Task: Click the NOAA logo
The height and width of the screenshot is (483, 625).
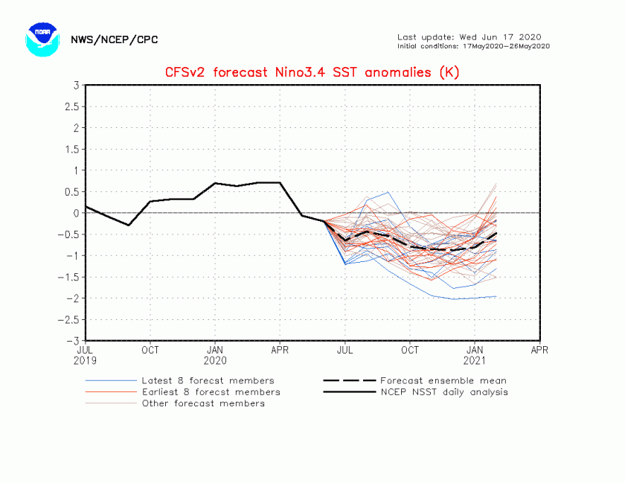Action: pos(42,39)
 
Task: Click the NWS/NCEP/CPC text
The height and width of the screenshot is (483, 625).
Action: pos(114,40)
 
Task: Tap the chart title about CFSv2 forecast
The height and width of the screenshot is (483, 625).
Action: pos(312,72)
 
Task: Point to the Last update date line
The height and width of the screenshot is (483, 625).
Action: pos(469,37)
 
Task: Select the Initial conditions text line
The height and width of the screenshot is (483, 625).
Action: pos(473,46)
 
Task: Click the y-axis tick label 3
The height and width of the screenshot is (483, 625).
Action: pos(76,86)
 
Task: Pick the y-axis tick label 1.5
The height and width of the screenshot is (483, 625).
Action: pos(71,150)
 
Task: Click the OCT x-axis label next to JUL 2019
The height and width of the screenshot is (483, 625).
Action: pos(150,348)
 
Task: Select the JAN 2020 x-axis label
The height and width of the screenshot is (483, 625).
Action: pos(215,354)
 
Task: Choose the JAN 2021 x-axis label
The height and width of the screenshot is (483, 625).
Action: pos(475,354)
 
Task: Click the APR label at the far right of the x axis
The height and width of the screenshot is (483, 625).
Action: pos(539,348)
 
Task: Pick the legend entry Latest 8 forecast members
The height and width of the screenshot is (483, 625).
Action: pos(208,380)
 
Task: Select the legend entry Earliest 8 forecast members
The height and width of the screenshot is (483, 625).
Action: pos(211,392)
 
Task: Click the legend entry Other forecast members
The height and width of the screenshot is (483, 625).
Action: pos(203,403)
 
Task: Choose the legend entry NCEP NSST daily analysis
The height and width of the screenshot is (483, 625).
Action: pos(443,392)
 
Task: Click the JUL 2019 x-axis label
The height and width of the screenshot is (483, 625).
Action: pos(86,354)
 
